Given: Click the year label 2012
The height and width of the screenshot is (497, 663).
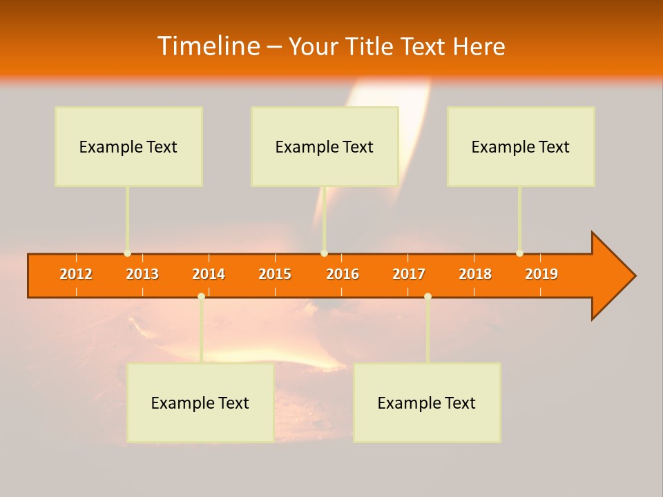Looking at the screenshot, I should tap(76, 274).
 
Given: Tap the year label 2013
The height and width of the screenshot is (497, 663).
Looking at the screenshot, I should tap(142, 274).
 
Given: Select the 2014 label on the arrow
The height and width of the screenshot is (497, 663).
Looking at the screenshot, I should tap(209, 274).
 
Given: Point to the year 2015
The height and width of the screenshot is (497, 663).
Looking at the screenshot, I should tap(275, 274).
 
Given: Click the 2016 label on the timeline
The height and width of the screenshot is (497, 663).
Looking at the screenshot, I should tap(343, 274).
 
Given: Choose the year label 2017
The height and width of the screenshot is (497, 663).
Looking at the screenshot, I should tap(409, 274).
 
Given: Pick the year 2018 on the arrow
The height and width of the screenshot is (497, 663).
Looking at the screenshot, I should tap(475, 274).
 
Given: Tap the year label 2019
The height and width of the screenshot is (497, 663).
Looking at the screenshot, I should tap(541, 274).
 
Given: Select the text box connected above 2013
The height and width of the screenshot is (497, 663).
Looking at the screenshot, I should tap(128, 146).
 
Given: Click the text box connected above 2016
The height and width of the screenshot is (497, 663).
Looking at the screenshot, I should tap(325, 146).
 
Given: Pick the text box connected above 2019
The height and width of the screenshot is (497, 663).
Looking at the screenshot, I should tap(521, 146).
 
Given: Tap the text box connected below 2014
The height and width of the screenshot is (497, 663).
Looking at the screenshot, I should tap(200, 402).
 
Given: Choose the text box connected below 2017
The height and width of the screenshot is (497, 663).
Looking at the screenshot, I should tap(427, 402).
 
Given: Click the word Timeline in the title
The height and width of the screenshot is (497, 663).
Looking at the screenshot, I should tap(208, 46).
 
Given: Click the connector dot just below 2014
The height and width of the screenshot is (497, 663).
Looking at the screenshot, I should tap(201, 296).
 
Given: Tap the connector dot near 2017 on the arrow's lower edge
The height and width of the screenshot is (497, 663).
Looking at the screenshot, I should tap(427, 296).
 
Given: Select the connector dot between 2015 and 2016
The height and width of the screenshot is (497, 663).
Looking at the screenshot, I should tap(324, 253).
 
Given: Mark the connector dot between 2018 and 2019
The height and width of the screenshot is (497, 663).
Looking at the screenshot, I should tap(519, 253).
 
